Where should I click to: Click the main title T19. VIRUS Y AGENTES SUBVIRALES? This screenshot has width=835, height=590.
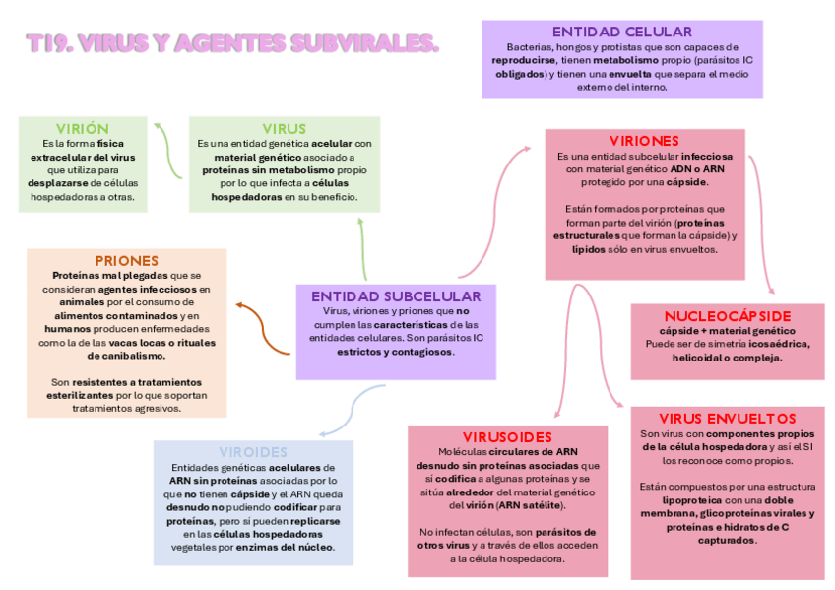pos(231,44)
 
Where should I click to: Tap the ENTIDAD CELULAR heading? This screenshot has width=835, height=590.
pos(621,33)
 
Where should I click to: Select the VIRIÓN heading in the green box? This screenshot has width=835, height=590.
pos(82,129)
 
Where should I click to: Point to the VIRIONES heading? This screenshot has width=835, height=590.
pos(644,141)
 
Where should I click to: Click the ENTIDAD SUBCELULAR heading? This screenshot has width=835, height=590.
pos(396,296)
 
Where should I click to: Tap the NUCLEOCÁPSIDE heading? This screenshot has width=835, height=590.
pos(727,316)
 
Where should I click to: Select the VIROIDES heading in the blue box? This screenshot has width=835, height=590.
pos(253,452)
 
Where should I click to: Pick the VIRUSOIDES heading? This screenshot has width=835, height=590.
pos(506,436)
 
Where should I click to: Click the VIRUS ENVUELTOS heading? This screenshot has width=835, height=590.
pos(727,419)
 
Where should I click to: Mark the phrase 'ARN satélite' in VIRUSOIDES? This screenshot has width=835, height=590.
pos(532,505)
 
